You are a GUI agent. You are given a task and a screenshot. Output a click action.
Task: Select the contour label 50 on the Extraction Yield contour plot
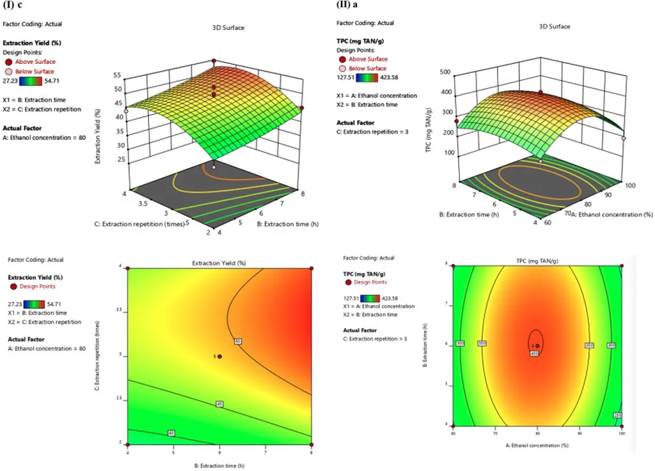[237, 341]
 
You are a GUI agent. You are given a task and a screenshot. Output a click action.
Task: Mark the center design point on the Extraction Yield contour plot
[219, 357]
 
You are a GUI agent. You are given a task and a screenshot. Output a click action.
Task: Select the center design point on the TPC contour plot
[537, 346]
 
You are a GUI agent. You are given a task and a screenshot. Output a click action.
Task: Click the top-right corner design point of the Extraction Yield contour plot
[312, 268]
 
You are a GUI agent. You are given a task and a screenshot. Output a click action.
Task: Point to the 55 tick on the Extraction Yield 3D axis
[118, 74]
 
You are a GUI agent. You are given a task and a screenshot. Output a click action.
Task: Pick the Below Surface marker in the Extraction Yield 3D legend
[10, 72]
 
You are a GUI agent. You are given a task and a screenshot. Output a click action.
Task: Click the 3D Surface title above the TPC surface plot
[554, 27]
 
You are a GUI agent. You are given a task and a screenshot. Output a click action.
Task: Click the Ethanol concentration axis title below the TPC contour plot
[537, 444]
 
